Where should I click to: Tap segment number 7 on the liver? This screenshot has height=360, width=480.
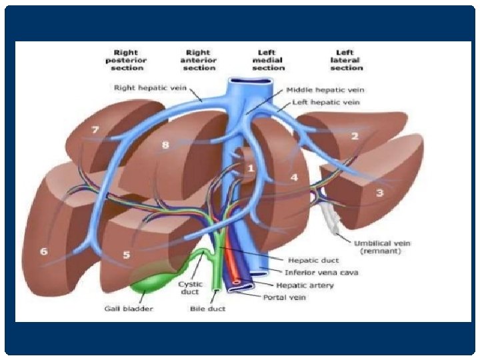(95, 129)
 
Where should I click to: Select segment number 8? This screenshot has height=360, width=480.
(165, 144)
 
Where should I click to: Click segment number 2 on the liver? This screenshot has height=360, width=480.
(355, 136)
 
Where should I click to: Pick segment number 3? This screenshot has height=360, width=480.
(380, 193)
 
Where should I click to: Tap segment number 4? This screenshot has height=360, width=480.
(293, 178)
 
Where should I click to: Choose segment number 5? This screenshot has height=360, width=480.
(127, 255)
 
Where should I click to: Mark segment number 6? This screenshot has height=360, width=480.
(44, 251)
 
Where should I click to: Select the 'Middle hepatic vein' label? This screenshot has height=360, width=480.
(325, 89)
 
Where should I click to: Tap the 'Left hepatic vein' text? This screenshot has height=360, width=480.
(327, 103)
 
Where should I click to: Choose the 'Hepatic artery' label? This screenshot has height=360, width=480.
(309, 285)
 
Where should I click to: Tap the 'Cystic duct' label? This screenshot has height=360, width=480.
(190, 288)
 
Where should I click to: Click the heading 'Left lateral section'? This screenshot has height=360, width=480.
(347, 60)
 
